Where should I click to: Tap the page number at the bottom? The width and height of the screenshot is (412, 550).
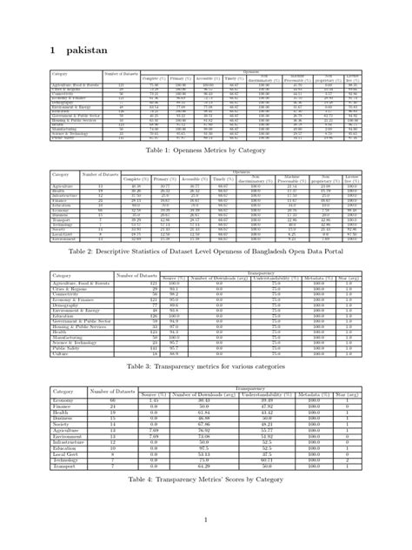pos(205,520)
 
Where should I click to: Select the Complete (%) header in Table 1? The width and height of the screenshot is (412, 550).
pos(152,78)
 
